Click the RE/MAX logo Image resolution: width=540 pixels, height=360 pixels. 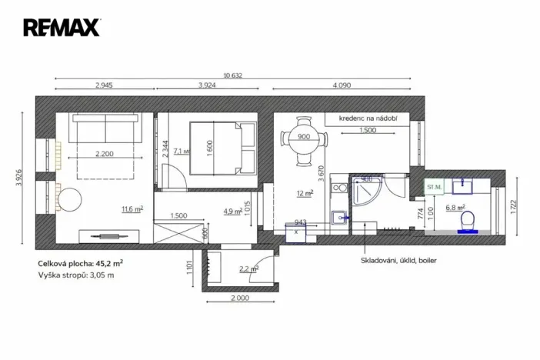click(62, 28)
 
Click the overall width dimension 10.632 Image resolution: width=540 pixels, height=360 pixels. click(233, 75)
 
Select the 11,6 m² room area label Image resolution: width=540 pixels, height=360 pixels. click(132, 208)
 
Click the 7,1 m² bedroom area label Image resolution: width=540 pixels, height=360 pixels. click(181, 152)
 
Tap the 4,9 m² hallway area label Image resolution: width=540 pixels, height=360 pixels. click(233, 210)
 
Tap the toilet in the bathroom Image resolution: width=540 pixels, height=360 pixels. click(467, 222)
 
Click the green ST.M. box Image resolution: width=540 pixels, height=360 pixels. click(435, 186)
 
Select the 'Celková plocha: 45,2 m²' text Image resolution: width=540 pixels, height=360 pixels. click(81, 263)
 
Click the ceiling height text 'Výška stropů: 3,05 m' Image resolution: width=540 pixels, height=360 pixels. click(75, 275)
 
